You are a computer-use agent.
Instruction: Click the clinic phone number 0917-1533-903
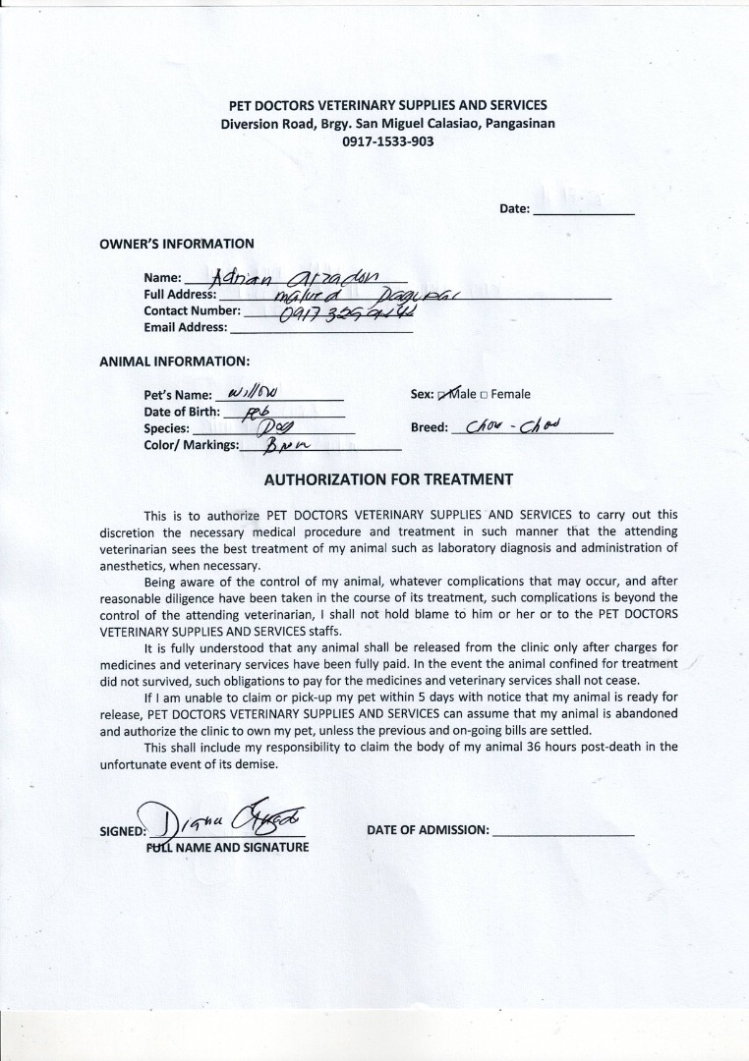point(387,141)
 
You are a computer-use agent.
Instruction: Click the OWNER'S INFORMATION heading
point(177,244)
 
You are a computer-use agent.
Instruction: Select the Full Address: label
point(180,295)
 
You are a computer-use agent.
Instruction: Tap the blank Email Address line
point(321,329)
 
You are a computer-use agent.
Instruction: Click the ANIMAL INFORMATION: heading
point(174,361)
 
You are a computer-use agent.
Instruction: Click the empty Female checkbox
point(485,395)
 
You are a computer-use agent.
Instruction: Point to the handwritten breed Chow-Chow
point(511,426)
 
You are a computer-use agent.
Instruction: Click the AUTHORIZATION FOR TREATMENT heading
point(387,480)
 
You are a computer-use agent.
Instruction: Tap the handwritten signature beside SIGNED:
point(225,817)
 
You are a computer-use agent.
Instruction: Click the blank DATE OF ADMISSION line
point(563,831)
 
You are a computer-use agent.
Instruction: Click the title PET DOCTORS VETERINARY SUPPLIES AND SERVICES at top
point(387,105)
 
